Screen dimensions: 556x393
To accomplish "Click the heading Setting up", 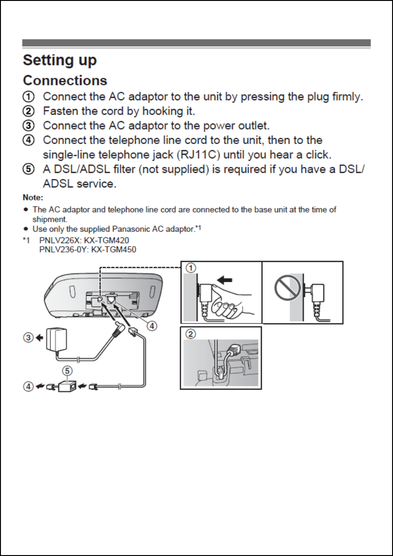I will tap(60, 61).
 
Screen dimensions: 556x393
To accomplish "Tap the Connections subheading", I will tap(65, 81).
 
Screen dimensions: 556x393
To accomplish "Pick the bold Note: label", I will tap(33, 198).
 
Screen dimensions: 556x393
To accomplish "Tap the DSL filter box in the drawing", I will tap(68, 386).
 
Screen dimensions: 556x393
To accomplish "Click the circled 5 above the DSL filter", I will tap(68, 371).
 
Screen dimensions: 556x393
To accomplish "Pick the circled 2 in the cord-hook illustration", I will tap(190, 334).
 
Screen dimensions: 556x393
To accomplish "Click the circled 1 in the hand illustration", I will tap(190, 268).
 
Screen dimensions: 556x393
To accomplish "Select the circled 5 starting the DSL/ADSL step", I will tap(29, 170).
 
